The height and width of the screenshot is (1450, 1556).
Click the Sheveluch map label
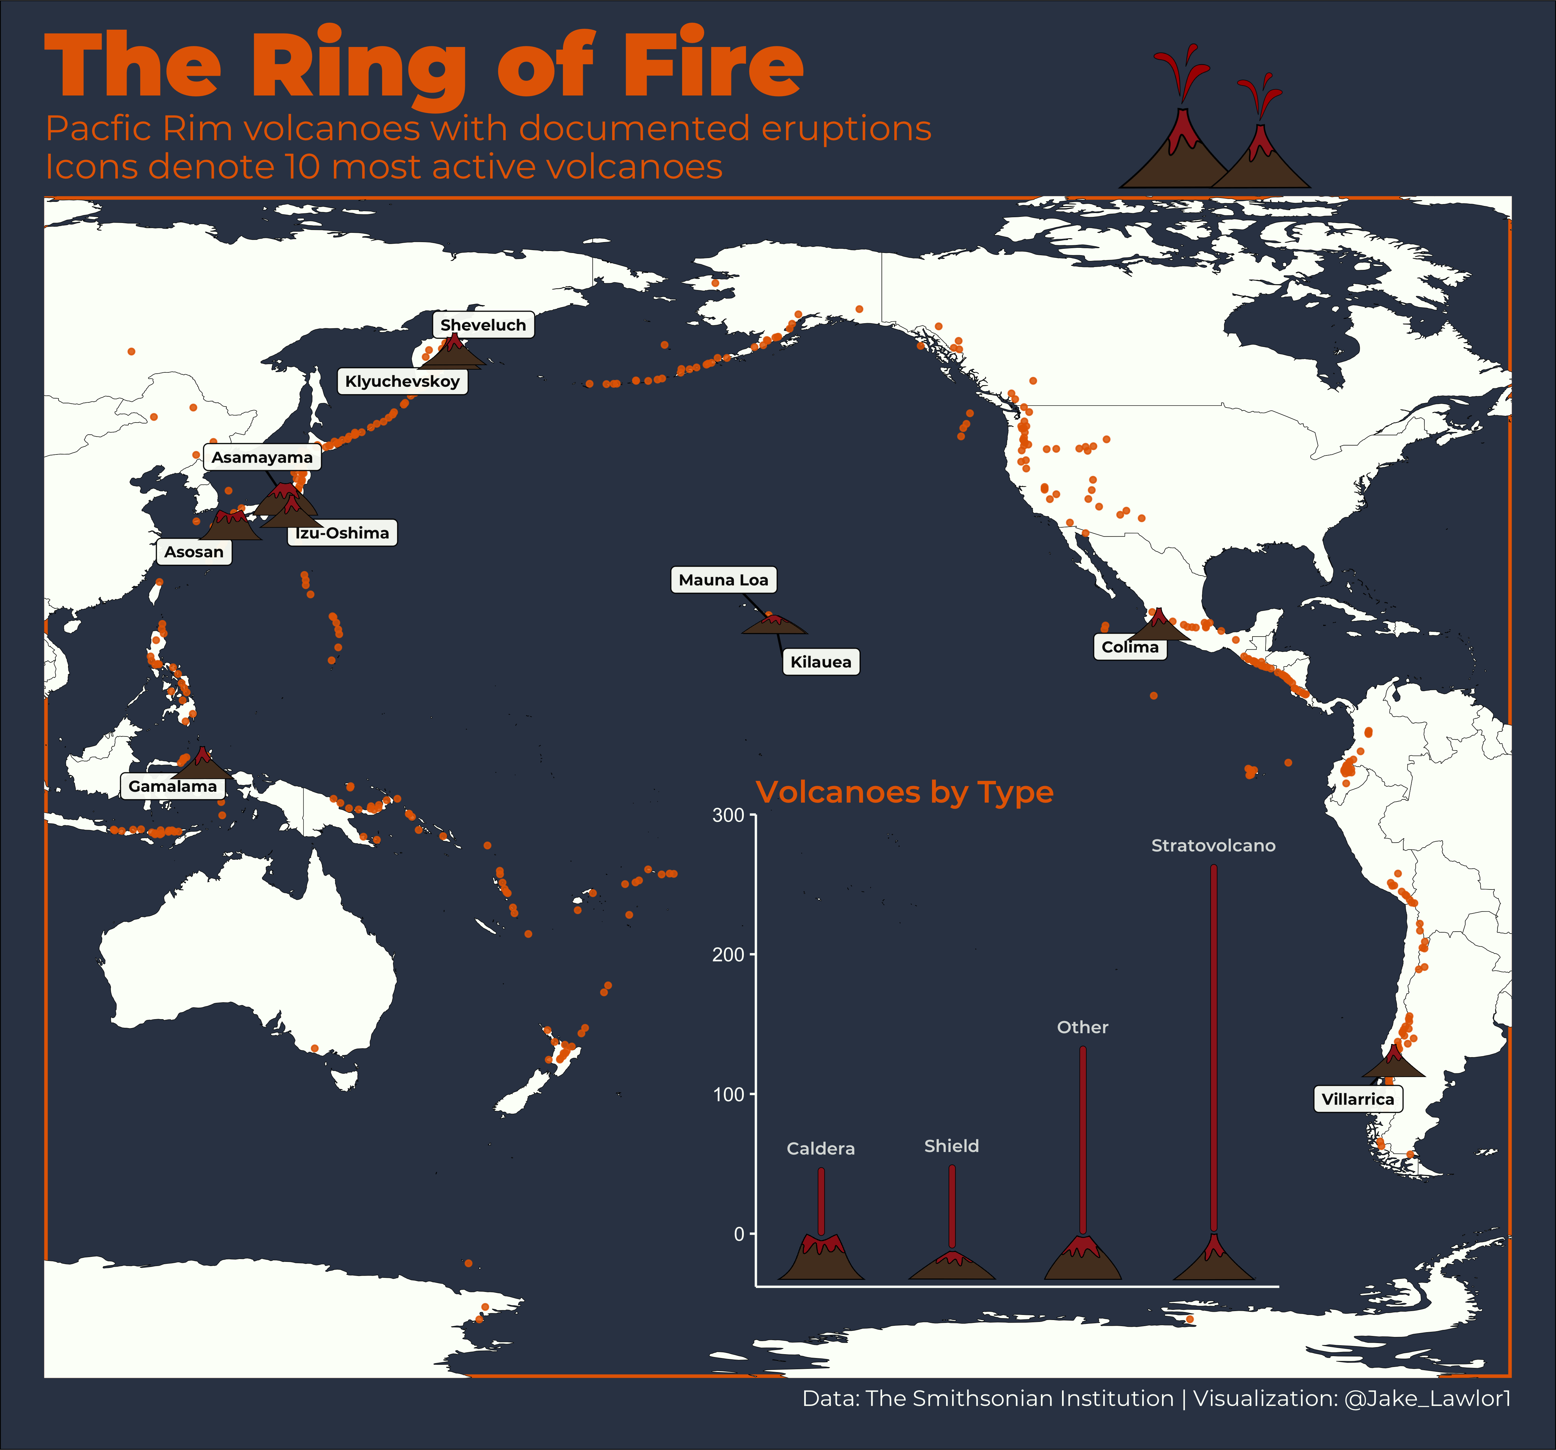[483, 325]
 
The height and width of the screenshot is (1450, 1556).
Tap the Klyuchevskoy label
[402, 381]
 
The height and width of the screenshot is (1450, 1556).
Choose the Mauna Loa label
[723, 580]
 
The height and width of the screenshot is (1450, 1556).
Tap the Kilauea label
[820, 662]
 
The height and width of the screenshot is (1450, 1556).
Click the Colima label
[1129, 647]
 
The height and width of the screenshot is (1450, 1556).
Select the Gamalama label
[172, 786]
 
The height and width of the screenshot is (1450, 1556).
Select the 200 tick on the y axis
[728, 955]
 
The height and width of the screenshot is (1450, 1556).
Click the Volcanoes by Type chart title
[904, 792]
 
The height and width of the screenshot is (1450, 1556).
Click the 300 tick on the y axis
[728, 815]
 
